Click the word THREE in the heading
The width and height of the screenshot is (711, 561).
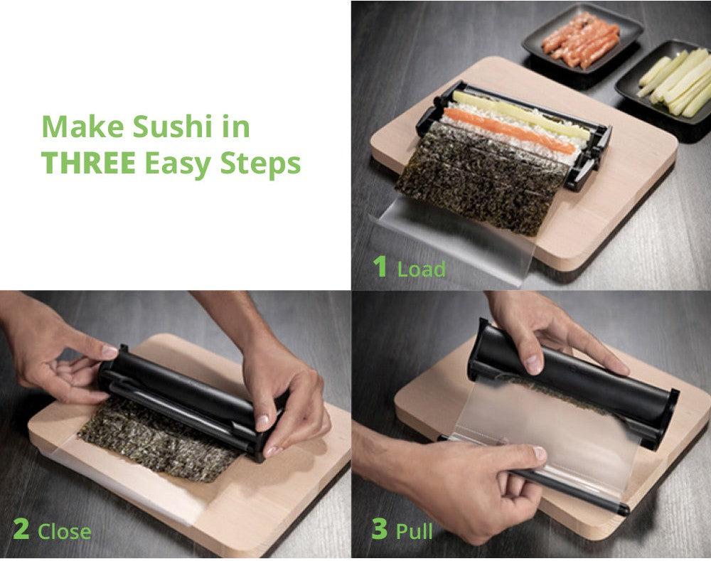pyautogui.click(x=88, y=163)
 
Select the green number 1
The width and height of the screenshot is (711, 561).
pyautogui.click(x=380, y=267)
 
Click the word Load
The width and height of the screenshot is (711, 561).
pyautogui.click(x=421, y=269)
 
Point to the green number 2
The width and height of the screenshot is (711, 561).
pyautogui.click(x=21, y=530)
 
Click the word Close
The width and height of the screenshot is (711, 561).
pyautogui.click(x=64, y=532)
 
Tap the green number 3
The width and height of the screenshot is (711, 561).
pyautogui.click(x=380, y=530)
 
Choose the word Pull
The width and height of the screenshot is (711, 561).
pyautogui.click(x=415, y=531)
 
